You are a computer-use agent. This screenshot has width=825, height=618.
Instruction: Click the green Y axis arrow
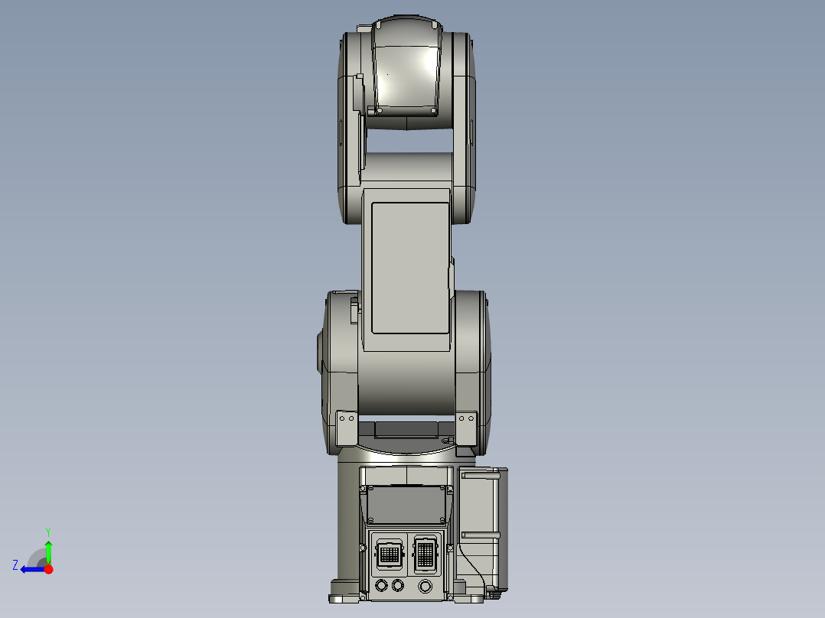coord(48,550)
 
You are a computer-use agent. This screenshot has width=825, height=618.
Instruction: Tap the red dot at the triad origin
coord(49,569)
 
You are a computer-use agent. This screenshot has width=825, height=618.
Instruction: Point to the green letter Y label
coord(48,531)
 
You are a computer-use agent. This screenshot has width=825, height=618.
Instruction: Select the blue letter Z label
coord(15,565)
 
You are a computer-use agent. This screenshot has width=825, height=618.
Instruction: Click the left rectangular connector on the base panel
coord(389,553)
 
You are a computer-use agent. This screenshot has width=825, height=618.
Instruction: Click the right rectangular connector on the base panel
coord(425,553)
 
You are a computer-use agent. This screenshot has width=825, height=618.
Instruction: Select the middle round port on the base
coord(397,586)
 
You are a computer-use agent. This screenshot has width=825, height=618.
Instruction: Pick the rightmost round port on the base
coord(426,587)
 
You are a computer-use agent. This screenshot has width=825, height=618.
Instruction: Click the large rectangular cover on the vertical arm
coord(409,268)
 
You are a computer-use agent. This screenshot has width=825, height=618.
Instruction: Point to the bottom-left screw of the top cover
coord(379,111)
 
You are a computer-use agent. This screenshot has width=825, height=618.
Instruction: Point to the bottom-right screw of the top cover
coord(434,111)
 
